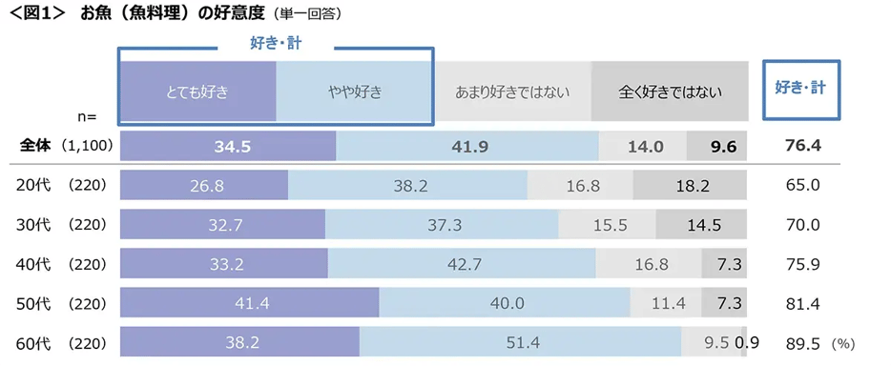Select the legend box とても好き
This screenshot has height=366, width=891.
(197, 92)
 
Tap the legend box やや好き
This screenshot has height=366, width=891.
(354, 92)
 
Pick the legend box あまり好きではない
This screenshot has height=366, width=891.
(512, 92)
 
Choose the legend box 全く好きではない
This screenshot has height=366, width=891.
(670, 92)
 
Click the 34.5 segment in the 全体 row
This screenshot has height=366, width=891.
(228, 146)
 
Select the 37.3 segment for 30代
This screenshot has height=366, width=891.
(442, 225)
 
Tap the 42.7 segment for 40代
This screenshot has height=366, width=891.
(463, 264)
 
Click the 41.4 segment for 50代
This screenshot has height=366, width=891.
(250, 303)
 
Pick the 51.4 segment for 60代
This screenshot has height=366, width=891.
(520, 342)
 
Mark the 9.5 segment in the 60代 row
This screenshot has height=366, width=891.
(711, 342)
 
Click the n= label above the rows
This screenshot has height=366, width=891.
(87, 116)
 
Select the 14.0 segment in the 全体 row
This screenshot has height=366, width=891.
(644, 146)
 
